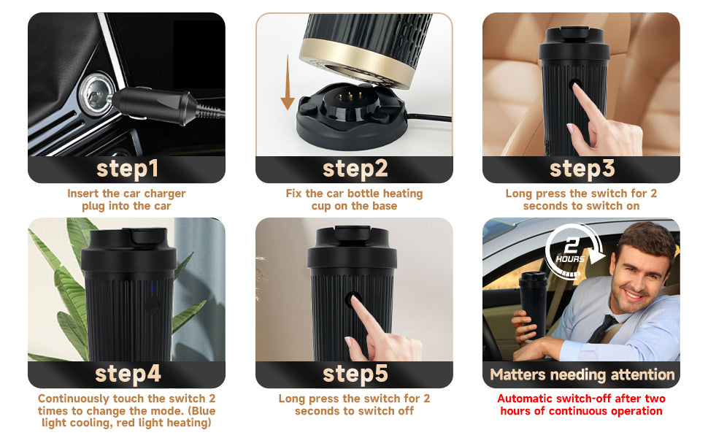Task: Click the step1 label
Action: [127, 169]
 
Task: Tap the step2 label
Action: [355, 169]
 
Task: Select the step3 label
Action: [582, 169]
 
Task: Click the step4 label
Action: [127, 374]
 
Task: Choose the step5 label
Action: [355, 374]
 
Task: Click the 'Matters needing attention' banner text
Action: [582, 374]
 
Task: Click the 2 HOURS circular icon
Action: [571, 253]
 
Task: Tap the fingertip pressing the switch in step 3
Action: [577, 90]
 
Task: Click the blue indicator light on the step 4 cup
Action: [153, 289]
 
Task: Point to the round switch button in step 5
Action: [354, 299]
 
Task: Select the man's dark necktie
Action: [604, 328]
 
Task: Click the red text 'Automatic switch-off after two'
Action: [582, 399]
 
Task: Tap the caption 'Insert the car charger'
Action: [127, 193]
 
